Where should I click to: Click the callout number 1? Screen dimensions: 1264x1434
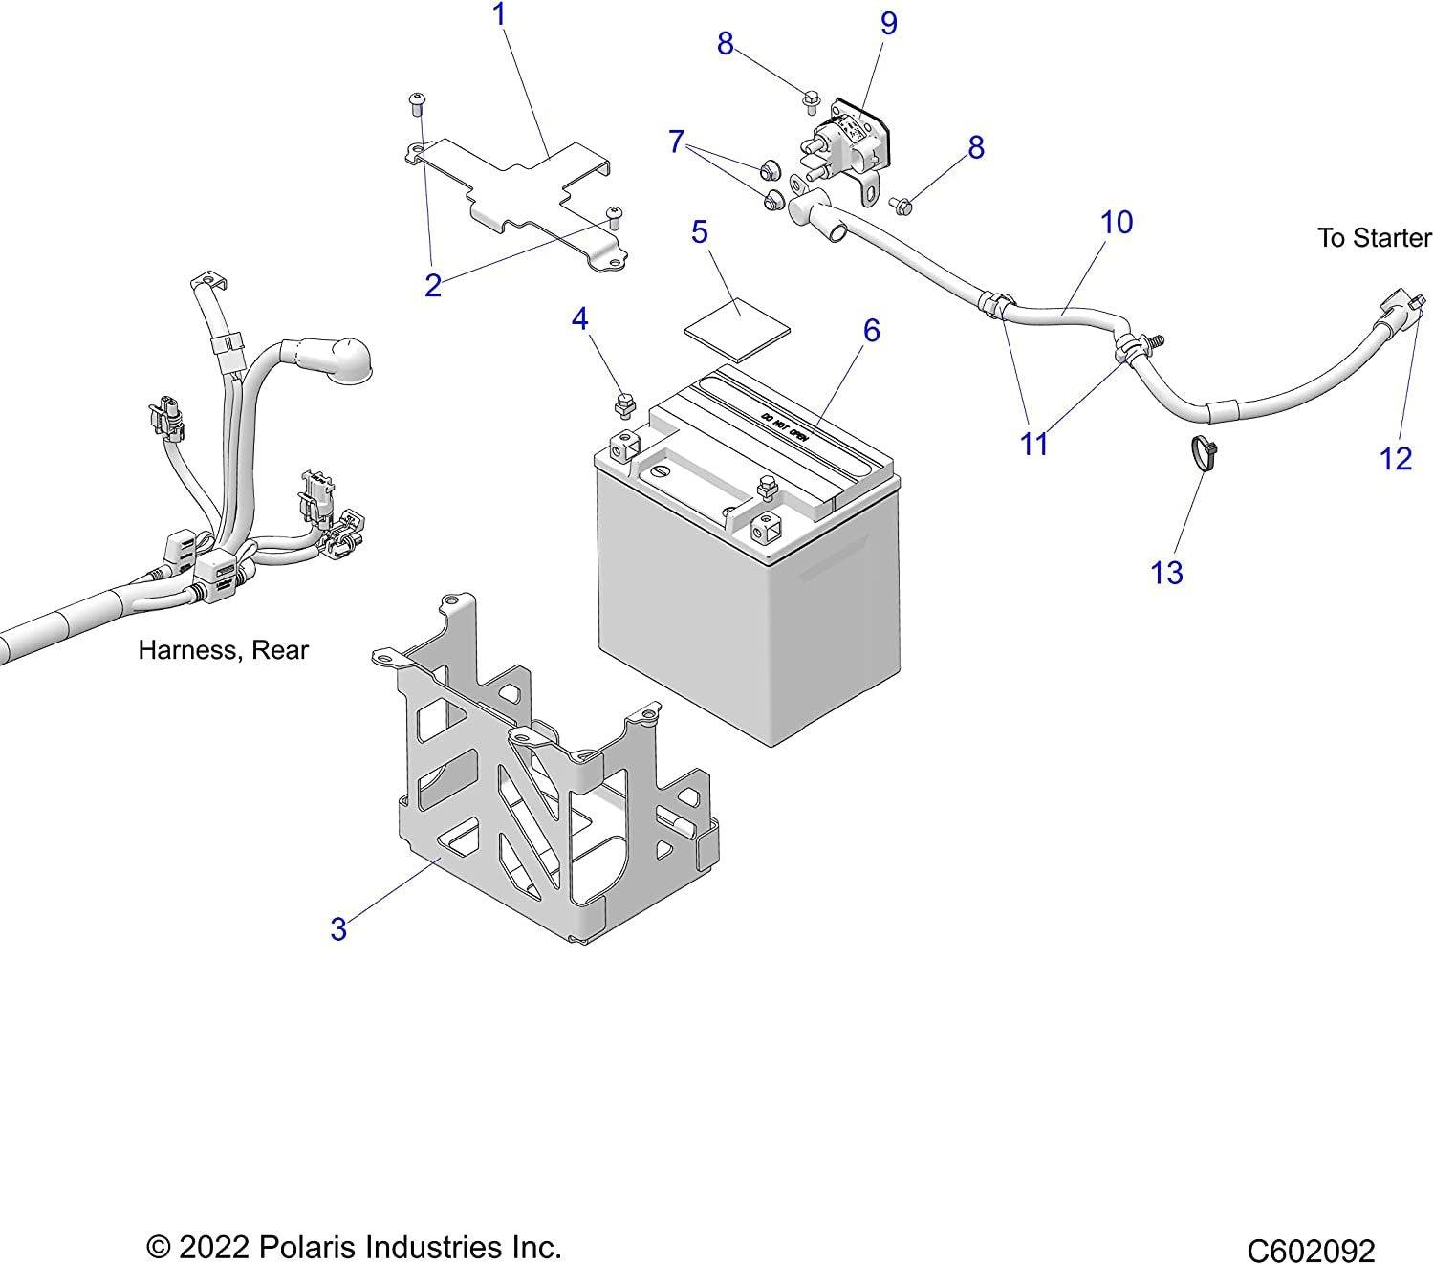[x=498, y=14]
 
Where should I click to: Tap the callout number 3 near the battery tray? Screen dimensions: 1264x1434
[x=338, y=928]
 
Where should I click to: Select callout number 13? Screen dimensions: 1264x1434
[x=1167, y=573]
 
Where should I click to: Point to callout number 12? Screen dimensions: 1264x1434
[x=1396, y=459]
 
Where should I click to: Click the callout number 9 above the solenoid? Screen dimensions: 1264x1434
[x=889, y=23]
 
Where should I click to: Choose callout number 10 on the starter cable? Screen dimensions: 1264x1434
[x=1117, y=222]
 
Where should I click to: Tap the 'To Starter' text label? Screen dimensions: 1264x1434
[x=1374, y=237]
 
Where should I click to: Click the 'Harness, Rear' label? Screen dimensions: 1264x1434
[x=224, y=650]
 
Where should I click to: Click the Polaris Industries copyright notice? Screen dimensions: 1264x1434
[x=354, y=1247]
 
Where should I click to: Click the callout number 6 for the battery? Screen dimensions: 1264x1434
[x=871, y=331]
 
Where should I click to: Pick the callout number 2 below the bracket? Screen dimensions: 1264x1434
[x=433, y=285]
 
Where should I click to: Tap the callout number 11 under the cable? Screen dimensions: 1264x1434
[x=1034, y=444]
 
